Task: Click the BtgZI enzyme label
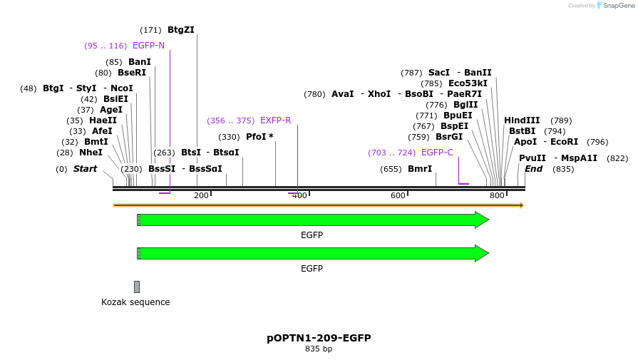point(180,30)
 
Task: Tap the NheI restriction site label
point(91,153)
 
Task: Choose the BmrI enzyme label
point(420,169)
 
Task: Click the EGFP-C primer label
point(437,153)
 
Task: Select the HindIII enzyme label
point(522,120)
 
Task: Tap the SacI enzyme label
point(439,73)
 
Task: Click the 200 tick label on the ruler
point(201,195)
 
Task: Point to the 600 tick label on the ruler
point(398,195)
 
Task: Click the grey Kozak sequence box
point(137,287)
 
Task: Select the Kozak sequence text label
point(135,302)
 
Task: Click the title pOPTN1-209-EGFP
point(319,338)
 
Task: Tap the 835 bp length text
point(319,349)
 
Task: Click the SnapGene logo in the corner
point(616,6)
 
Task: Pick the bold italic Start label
point(85,169)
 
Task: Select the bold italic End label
point(533,169)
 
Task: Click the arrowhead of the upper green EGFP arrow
point(482,220)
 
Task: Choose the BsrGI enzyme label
point(449,137)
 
